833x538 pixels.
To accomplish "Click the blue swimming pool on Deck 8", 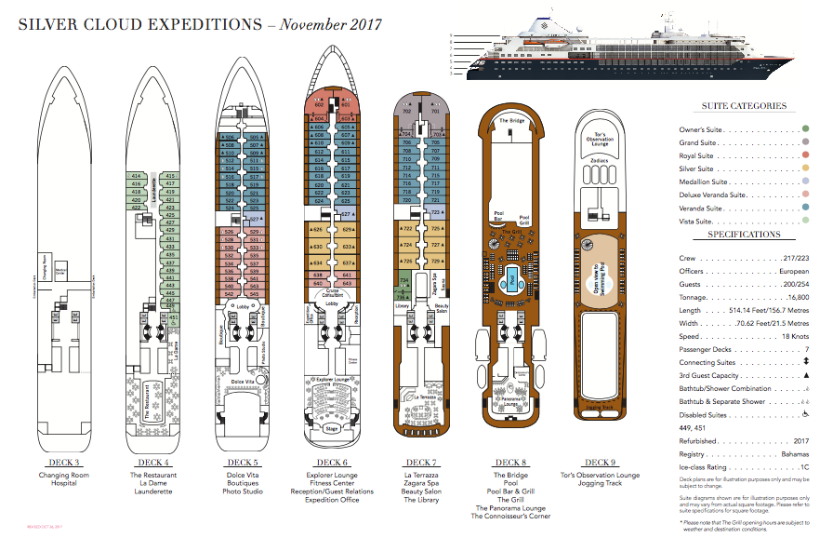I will [511, 278].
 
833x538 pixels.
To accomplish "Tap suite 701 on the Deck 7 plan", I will [434, 112].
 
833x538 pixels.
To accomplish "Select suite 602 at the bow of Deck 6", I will [319, 105].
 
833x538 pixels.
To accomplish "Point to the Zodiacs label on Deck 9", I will [600, 160].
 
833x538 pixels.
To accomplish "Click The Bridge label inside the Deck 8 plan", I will [511, 121].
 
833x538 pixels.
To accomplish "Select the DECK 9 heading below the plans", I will [601, 463].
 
